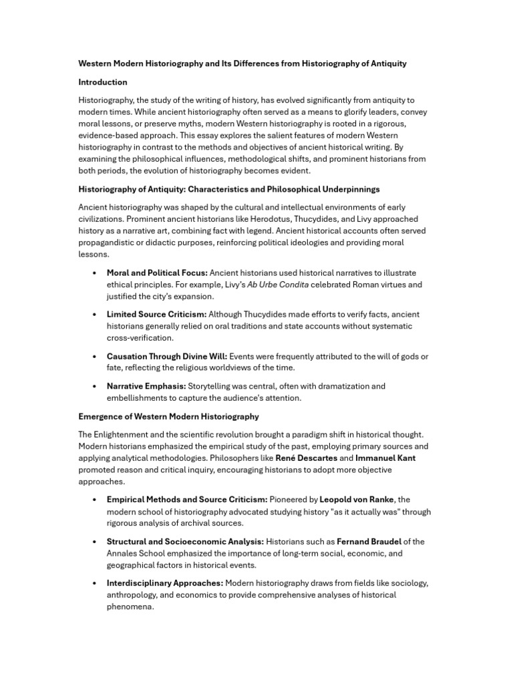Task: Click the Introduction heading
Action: click(x=103, y=82)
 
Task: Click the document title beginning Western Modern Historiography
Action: click(x=242, y=63)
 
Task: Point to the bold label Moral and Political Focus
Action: click(x=157, y=273)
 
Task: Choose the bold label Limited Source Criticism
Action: click(x=156, y=314)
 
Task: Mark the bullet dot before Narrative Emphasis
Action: click(x=94, y=386)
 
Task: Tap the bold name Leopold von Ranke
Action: click(x=357, y=499)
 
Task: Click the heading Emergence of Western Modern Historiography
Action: click(x=168, y=416)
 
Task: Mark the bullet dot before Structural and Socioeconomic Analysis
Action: click(x=94, y=542)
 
